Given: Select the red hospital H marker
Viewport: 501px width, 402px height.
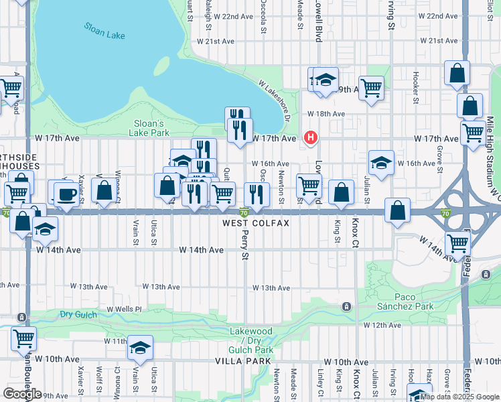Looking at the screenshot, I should point(310,138).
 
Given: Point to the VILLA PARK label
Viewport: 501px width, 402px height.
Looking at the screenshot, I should point(242,360).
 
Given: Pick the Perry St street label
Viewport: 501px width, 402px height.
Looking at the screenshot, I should point(244,247).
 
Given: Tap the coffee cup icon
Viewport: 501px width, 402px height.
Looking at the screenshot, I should point(66,194).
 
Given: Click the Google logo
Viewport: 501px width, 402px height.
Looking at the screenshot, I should point(22,393).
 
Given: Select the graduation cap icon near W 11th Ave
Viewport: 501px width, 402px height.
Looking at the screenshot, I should point(141,348).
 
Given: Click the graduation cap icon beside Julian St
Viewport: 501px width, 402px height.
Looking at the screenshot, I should point(380,163).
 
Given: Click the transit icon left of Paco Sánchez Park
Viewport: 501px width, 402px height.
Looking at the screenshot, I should point(346,307).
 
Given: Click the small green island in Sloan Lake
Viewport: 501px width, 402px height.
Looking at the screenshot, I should point(161,66).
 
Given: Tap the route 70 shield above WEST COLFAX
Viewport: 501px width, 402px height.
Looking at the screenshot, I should point(244,212).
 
